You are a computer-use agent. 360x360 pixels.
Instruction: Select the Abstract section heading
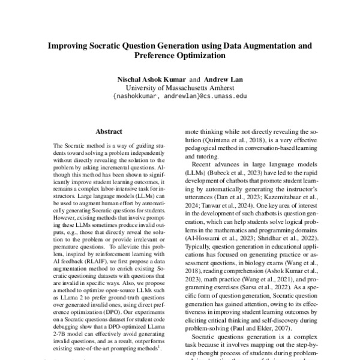point(109,131)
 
